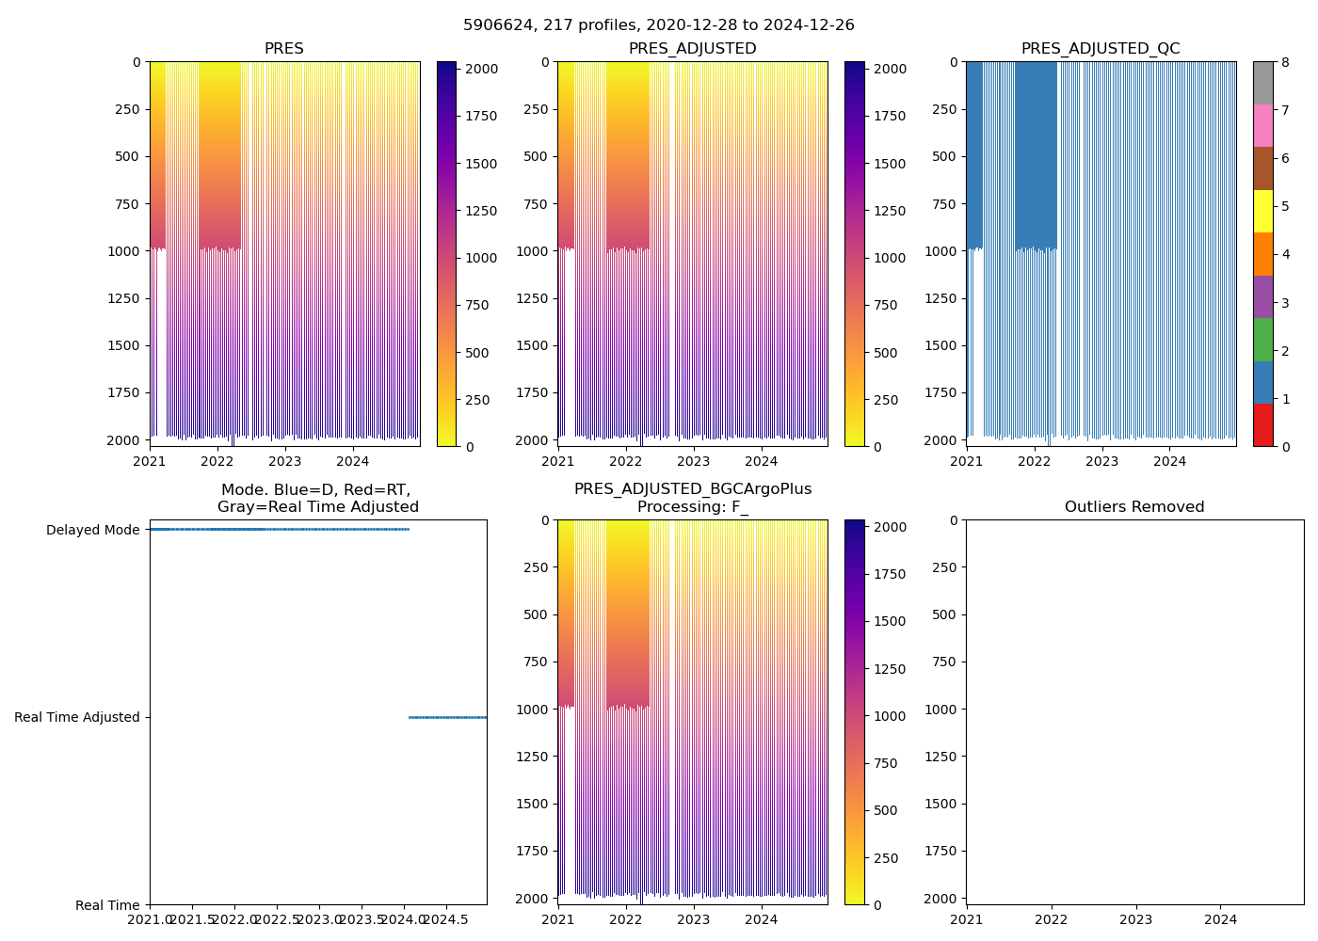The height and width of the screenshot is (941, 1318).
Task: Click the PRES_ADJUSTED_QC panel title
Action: (1101, 49)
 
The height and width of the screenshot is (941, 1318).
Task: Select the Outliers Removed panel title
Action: (1134, 507)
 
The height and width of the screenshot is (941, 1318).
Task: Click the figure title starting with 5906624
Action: (659, 25)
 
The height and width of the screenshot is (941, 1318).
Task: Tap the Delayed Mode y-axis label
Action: (92, 530)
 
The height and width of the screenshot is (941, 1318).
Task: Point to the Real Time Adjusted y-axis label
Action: (77, 717)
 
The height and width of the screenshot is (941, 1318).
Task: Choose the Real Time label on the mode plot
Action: (107, 905)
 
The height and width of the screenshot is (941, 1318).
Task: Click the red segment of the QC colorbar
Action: (1262, 425)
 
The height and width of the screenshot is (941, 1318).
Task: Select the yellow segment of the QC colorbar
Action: (1262, 212)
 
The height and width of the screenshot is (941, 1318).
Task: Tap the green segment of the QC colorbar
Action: (1262, 340)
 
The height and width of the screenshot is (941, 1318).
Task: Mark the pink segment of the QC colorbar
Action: (1262, 126)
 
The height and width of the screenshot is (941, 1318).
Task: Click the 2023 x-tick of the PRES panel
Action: (285, 461)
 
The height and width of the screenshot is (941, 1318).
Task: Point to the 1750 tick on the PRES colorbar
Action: (482, 116)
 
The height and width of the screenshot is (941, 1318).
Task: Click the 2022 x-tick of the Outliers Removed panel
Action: (1052, 919)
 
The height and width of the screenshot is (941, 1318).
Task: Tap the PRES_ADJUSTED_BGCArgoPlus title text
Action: (693, 489)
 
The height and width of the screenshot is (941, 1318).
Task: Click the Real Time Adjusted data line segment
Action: (447, 717)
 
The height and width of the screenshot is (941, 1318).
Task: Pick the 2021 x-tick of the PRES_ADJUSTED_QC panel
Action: (966, 461)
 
